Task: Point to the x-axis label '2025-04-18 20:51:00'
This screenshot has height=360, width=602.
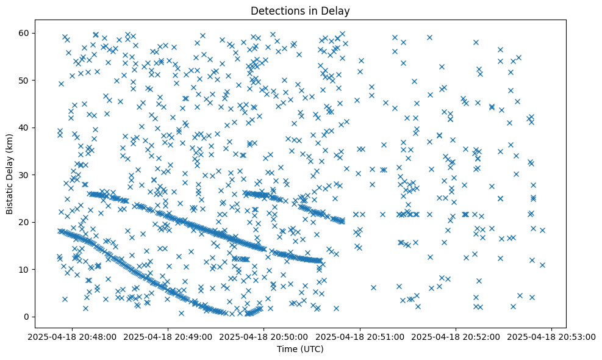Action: (x=359, y=336)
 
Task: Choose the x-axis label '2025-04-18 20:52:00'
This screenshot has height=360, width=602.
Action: (x=456, y=336)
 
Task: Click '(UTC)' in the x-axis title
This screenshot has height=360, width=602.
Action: (x=313, y=349)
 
